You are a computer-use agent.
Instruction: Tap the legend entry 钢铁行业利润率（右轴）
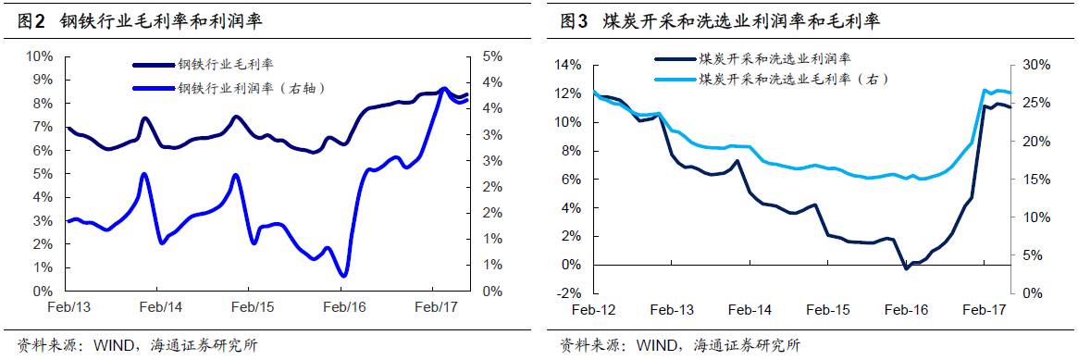pos(250,88)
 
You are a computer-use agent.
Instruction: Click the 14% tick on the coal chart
pos(569,65)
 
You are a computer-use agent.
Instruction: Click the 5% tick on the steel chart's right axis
pos(494,56)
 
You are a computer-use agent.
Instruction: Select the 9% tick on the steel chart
pos(40,80)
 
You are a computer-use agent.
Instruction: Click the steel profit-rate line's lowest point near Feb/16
pos(343,276)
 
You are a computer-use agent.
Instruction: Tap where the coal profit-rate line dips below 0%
pos(906,268)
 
